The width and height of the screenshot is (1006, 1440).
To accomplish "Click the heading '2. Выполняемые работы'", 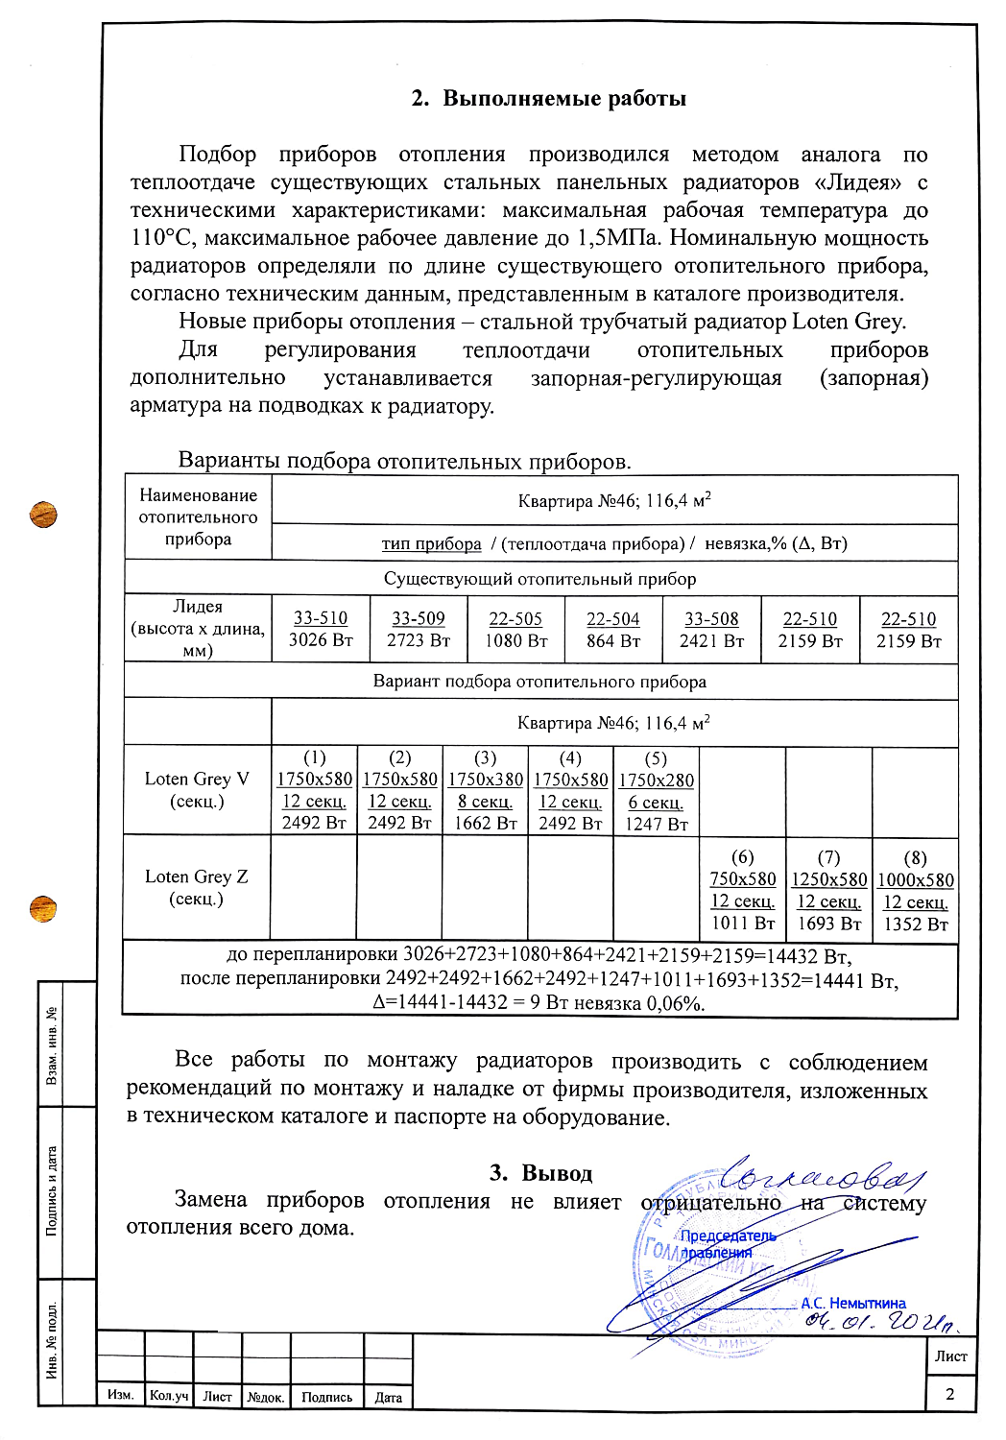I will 548,99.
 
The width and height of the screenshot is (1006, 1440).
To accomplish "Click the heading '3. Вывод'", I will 540,1172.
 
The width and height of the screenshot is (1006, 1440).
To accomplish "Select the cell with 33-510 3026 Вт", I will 321,630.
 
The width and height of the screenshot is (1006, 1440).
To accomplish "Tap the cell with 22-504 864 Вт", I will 612,630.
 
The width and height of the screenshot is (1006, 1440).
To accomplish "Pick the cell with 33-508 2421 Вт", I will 711,630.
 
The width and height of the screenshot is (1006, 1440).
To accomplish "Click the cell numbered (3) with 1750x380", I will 485,790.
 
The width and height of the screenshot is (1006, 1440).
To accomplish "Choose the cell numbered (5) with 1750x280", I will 656,790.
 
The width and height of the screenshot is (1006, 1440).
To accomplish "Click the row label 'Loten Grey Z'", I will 197,887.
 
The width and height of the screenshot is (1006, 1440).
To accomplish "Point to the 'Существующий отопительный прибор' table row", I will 540,579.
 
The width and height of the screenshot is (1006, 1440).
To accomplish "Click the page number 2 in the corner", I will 950,1394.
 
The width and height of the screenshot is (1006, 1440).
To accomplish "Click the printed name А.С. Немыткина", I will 853,1303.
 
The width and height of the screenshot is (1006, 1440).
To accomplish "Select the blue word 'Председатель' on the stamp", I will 728,1236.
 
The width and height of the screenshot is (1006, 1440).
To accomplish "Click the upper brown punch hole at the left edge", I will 43,514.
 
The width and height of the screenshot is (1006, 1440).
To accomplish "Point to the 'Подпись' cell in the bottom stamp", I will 326,1397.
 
